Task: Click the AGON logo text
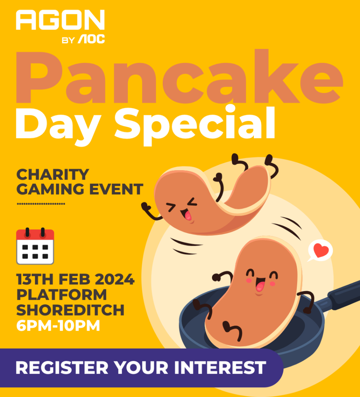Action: (x=60, y=20)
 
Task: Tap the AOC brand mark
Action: (x=91, y=39)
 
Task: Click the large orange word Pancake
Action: (x=179, y=76)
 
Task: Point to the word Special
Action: (x=195, y=126)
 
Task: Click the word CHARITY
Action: (x=53, y=174)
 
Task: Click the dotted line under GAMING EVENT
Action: (x=41, y=204)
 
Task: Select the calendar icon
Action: (x=35, y=246)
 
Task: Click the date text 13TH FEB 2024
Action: (x=76, y=279)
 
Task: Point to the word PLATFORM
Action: (x=62, y=295)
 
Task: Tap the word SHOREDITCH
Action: (x=70, y=310)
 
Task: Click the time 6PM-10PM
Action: (x=58, y=325)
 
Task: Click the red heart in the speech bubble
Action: (x=321, y=250)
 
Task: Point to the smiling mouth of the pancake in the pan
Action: (x=260, y=284)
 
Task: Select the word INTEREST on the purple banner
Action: (x=220, y=368)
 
